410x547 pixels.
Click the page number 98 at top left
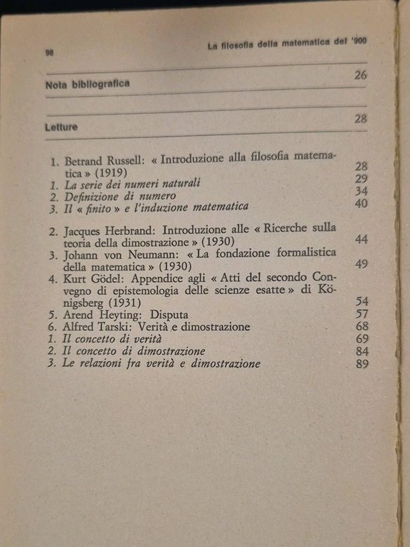point(50,52)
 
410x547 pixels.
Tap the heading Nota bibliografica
point(88,84)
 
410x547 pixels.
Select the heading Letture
point(61,127)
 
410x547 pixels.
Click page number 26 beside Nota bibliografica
point(360,76)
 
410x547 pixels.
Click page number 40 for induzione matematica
point(361,204)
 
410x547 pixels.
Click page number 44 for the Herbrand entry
point(361,238)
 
